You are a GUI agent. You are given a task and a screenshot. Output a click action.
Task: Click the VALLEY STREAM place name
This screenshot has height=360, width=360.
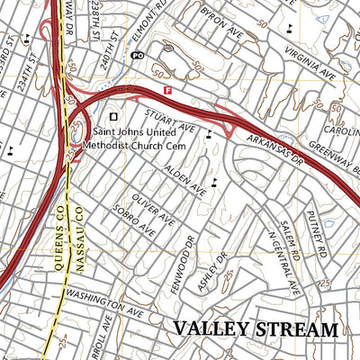click(x=256, y=329)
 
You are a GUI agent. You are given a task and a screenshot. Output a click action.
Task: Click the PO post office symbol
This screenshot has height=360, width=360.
click(x=137, y=55)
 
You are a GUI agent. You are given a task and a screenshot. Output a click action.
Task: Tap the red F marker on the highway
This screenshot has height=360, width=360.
click(x=168, y=90)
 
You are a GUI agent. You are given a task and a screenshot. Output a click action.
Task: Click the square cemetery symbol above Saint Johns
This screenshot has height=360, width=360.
click(x=113, y=116)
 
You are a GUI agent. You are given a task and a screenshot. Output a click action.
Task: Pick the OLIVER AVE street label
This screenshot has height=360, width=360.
click(x=151, y=208)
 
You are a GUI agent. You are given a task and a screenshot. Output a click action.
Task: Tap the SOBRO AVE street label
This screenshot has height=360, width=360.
click(x=132, y=220)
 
